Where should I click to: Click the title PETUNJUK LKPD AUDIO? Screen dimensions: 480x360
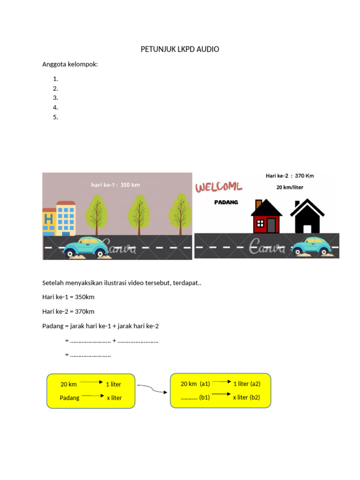point(180,49)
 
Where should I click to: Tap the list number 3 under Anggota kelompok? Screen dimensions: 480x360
point(55,98)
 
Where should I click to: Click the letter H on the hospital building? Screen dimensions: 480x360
point(48,219)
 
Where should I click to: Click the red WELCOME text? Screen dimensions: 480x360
point(218,187)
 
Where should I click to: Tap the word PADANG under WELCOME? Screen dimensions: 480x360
point(226,202)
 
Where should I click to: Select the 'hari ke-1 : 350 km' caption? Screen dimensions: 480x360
point(115,185)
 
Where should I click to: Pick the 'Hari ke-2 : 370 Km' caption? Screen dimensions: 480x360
point(290,176)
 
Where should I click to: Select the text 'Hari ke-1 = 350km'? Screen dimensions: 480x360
point(68,297)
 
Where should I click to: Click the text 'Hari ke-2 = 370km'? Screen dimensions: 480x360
point(68,312)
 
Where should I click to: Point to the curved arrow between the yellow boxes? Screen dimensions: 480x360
point(151,389)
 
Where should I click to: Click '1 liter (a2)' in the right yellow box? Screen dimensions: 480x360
point(247,383)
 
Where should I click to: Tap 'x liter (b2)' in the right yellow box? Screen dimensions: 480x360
point(246,397)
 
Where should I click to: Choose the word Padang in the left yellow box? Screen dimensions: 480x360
point(69,398)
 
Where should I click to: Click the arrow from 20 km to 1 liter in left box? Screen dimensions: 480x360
point(91,382)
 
